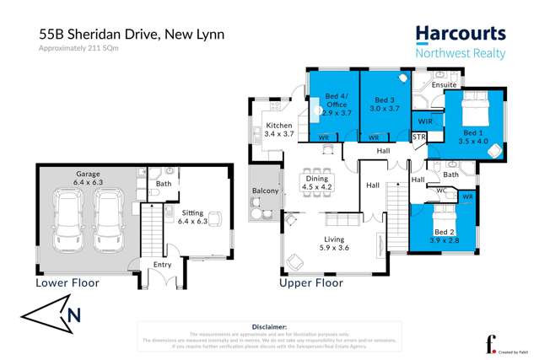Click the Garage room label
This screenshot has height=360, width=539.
tap(88, 173)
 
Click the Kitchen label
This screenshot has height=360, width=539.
tap(278, 125)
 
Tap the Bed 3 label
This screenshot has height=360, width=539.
tap(385, 99)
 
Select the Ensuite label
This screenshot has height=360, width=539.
tap(444, 85)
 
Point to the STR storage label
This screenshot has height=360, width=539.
tap(418, 137)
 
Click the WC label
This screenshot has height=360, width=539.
tap(441, 191)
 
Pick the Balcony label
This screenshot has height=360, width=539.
tap(266, 191)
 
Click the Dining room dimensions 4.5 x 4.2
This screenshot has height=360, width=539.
tap(318, 187)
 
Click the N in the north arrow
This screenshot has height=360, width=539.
tap(74, 316)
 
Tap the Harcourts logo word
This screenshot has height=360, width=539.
tap(460, 35)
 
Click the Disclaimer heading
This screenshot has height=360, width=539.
tap(269, 325)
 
